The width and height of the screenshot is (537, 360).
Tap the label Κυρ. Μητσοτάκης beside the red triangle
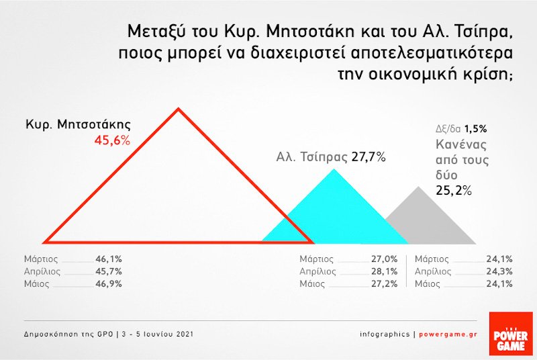coord(78,125)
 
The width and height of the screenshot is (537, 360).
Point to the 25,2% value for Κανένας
coord(456,190)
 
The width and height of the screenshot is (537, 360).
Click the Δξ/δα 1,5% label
coord(460,128)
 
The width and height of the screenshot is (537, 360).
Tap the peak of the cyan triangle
coord(334,169)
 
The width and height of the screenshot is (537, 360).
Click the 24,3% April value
coord(501,271)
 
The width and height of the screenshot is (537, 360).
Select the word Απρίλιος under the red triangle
coord(42,271)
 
